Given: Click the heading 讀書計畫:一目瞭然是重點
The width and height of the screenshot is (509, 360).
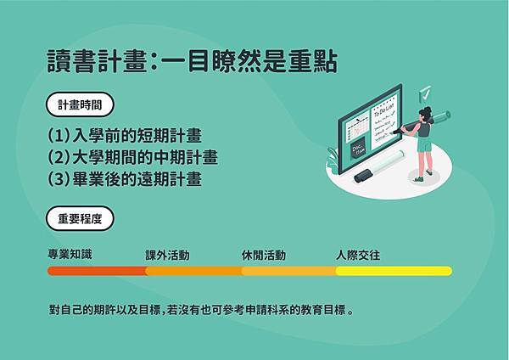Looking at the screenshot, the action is [x=193, y=61].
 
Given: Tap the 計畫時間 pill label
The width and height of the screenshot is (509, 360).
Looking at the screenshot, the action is [x=80, y=104].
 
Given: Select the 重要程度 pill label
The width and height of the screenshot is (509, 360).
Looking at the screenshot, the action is [x=80, y=218].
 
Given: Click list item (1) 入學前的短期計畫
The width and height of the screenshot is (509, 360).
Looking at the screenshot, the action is [x=125, y=136].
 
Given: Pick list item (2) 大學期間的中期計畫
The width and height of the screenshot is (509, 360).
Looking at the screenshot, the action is [x=133, y=157].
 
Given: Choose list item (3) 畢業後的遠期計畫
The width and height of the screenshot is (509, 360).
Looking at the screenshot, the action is [x=125, y=179].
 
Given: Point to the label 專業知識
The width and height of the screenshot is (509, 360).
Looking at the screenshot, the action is [x=70, y=254].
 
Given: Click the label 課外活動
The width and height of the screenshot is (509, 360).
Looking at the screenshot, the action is [x=167, y=256].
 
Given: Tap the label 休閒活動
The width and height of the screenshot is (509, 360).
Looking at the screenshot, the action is [x=264, y=256].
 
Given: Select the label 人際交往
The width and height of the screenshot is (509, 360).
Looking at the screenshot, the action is [x=358, y=255].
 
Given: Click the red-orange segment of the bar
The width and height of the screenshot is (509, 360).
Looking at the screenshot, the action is [x=97, y=271].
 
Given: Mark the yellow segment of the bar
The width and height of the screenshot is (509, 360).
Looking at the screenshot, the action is [x=394, y=271].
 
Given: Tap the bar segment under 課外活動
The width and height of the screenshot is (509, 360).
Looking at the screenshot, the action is [x=193, y=271].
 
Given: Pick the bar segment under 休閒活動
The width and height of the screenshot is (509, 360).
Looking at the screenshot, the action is [x=289, y=271].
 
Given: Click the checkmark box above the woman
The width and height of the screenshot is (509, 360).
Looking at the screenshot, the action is [x=425, y=94].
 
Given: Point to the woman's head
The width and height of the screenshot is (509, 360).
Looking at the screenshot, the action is [x=425, y=114].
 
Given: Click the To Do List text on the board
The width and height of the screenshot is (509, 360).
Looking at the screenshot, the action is [x=383, y=110].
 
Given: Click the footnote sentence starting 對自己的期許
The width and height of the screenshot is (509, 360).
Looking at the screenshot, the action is [x=201, y=310].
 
